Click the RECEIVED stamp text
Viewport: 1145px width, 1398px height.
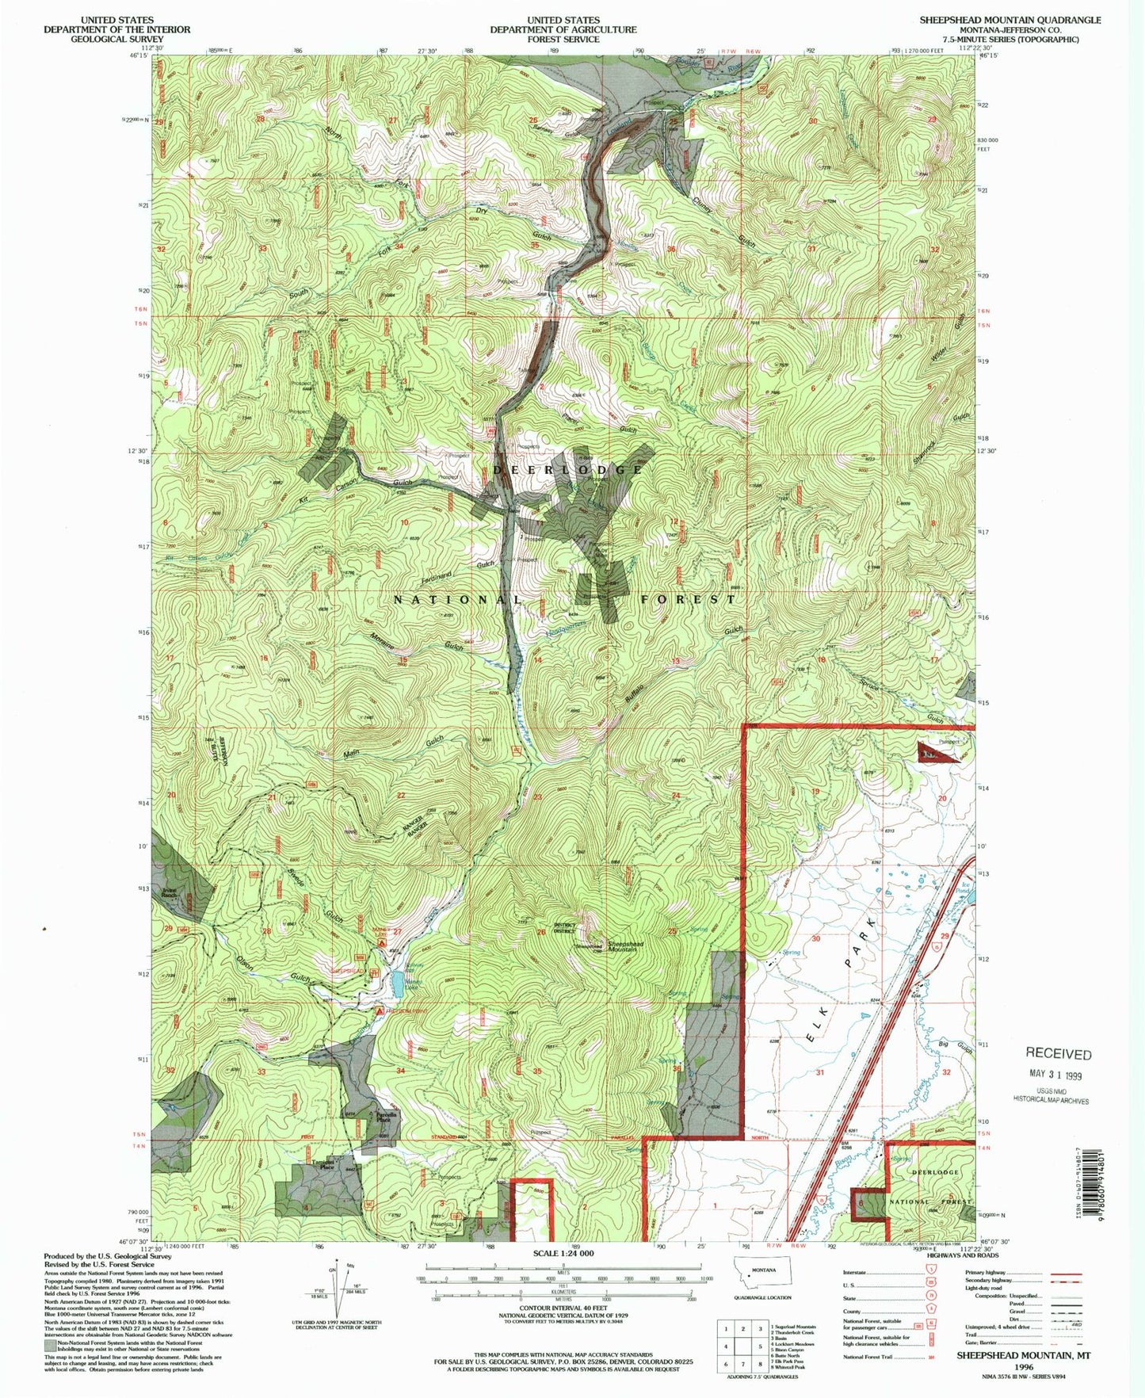coord(1058,1053)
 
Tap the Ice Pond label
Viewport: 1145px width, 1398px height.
coord(965,888)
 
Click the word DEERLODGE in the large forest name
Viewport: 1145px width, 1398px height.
coord(568,469)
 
